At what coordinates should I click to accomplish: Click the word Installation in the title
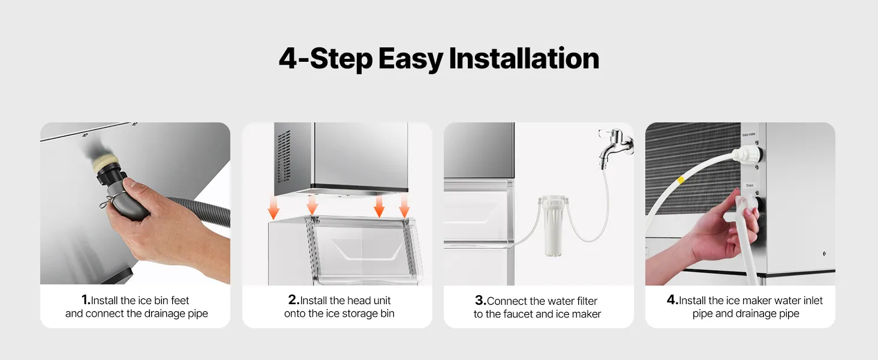(x=524, y=58)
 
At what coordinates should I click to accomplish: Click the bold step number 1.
(x=86, y=299)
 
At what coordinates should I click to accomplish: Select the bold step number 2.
(x=294, y=299)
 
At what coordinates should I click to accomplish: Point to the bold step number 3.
(x=480, y=301)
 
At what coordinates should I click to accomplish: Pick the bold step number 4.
(x=673, y=299)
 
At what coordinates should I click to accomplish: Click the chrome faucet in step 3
(x=615, y=148)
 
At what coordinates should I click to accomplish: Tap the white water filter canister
(x=554, y=226)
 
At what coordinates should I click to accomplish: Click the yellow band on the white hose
(x=681, y=180)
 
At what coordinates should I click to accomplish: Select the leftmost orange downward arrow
(x=273, y=208)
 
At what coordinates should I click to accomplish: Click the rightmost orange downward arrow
(x=404, y=206)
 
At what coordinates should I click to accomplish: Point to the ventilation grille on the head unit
(x=284, y=157)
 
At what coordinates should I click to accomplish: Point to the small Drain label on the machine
(x=750, y=185)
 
